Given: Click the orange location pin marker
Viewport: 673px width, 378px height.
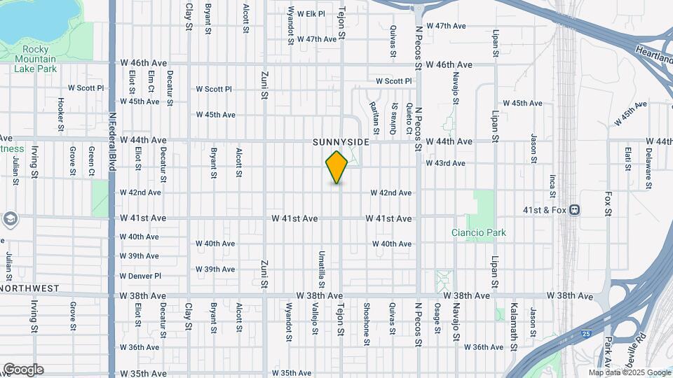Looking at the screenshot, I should click(337, 167).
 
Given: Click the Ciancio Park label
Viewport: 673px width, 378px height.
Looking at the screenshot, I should click(479, 232).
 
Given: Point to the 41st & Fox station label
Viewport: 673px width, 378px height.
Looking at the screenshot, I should click(541, 209).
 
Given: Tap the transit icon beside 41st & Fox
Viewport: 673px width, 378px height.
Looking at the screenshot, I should click(574, 209).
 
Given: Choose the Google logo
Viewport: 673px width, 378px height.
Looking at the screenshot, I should click(23, 370).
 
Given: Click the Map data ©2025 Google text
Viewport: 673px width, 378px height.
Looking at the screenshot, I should click(629, 373).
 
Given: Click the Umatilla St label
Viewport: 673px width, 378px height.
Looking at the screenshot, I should click(322, 269).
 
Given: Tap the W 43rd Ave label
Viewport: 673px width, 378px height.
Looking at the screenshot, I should click(445, 163).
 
